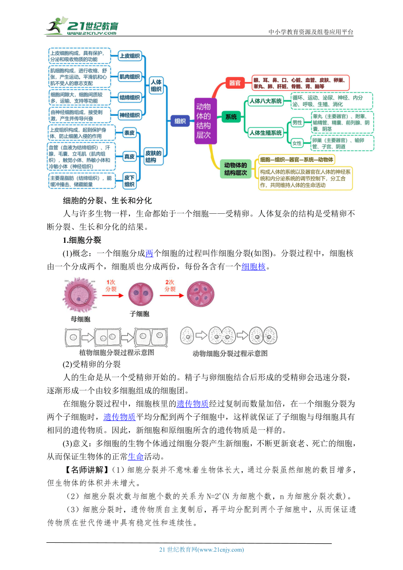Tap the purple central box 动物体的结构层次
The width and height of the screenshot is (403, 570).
pos(205,121)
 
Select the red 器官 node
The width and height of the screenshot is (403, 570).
pos(235,83)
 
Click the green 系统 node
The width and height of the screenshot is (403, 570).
pos(231,117)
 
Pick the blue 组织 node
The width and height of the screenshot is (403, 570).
pos(180,121)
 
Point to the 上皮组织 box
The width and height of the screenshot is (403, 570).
pos(130,56)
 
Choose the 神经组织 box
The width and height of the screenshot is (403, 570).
pos(130,115)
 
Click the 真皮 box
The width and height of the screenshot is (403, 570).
pos(129,157)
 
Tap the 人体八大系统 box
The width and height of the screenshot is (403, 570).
pos(266,101)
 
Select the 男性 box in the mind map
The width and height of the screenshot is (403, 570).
pos(297,123)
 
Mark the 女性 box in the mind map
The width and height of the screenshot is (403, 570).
pos(297,143)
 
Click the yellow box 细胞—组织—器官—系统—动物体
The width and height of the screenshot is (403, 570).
pos(297,159)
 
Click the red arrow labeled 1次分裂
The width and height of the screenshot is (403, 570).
pos(112,295)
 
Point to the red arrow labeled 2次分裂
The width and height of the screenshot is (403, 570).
pos(172,295)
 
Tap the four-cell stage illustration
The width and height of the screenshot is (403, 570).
pos(201,294)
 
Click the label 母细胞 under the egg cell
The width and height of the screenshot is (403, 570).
pos(81,319)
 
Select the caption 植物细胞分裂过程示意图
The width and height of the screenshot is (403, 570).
pos(117,352)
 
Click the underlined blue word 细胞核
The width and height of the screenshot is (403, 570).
pos(254,266)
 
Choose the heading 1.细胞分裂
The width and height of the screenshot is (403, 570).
pos(82,240)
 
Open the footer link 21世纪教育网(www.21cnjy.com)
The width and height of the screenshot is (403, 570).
pos(201,550)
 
